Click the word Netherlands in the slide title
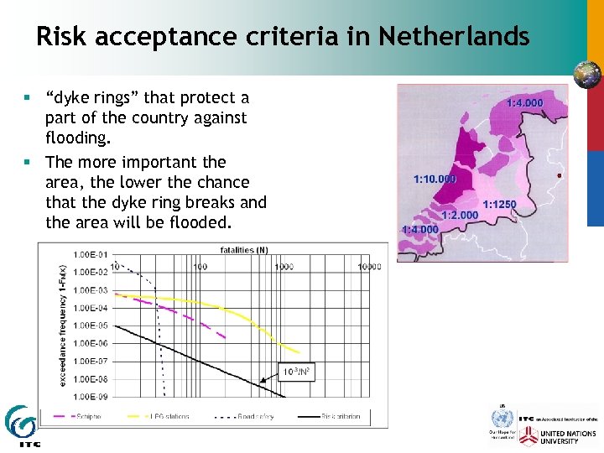point(454,37)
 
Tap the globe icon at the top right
point(586,75)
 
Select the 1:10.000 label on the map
point(435,179)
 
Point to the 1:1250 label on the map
point(499,204)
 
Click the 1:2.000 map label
point(460,216)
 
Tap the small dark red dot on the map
point(560,175)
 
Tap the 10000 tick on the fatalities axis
point(370,267)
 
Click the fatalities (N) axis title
point(245,249)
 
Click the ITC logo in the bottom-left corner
point(20,427)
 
